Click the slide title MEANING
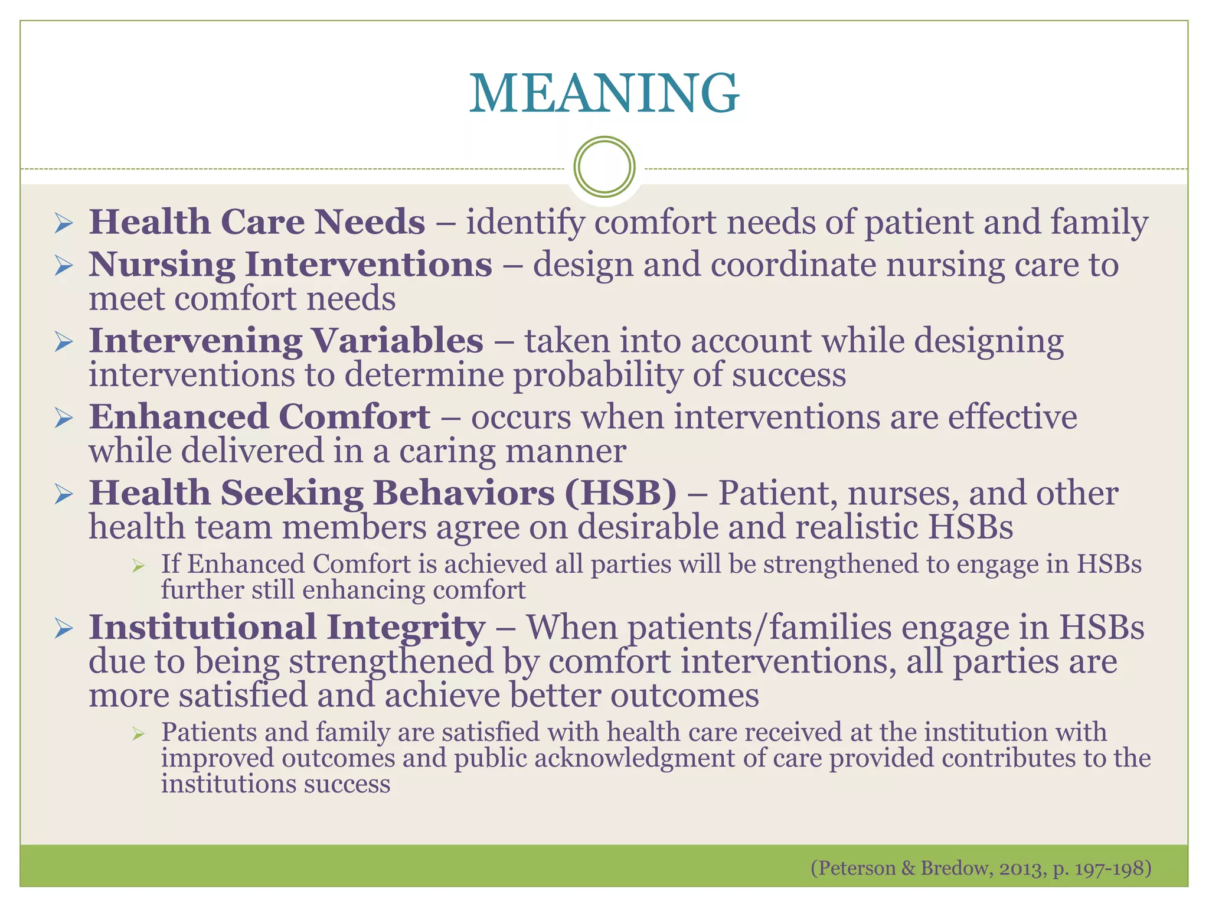[604, 93]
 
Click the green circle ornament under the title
[604, 167]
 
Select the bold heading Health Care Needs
[257, 222]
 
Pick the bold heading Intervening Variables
[286, 341]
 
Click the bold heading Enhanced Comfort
[259, 416]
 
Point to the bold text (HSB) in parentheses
[620, 492]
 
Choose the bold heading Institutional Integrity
[287, 627]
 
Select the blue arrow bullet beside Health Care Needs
[63, 223]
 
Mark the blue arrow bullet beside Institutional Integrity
[63, 629]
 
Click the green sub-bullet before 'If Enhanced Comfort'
[139, 566]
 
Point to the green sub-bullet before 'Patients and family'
[139, 734]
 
